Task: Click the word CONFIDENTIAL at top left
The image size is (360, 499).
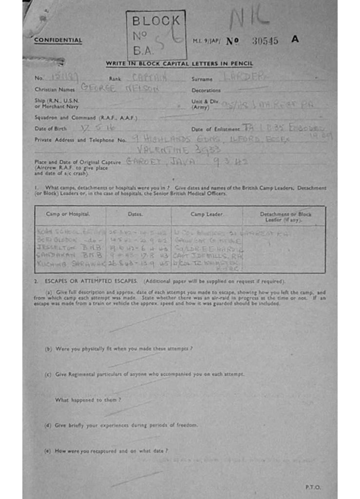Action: point(58,40)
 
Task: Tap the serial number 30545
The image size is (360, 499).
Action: point(265,41)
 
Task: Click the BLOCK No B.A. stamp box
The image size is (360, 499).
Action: point(156,35)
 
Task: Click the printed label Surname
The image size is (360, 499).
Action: point(202,79)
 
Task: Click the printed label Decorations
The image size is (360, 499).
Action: point(206,91)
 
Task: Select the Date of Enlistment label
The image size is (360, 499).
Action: point(215,130)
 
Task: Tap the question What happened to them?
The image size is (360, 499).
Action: point(88,400)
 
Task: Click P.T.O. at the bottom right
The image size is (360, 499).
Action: point(312,487)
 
